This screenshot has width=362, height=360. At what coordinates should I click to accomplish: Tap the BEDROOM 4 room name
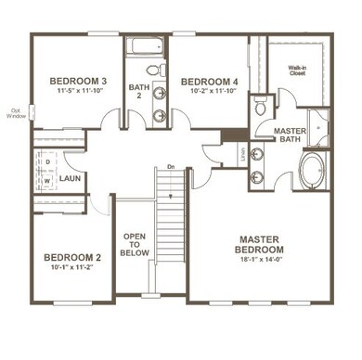209,82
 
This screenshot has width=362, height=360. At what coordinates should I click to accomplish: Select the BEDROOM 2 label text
71,257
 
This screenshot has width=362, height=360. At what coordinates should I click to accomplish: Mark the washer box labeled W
46,179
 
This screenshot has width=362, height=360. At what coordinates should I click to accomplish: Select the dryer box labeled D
46,161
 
